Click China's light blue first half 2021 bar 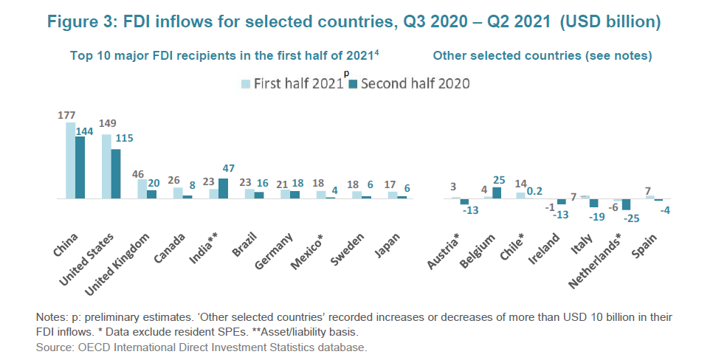tap(70, 161)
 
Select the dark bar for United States tap(116, 174)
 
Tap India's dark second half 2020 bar tap(224, 188)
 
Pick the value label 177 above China tap(67, 115)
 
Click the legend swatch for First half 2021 tap(246, 83)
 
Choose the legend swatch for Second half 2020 tap(353, 83)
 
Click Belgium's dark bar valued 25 tap(497, 193)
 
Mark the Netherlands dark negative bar tap(627, 204)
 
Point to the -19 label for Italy tap(594, 216)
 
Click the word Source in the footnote tap(53, 346)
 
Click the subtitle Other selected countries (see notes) tap(542, 55)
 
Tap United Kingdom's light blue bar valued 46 tap(142, 189)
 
